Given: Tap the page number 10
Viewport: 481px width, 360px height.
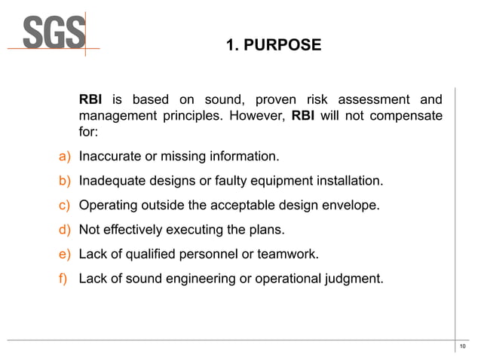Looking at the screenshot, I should (x=462, y=346).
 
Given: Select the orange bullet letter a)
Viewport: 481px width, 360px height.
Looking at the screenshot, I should (x=65, y=157).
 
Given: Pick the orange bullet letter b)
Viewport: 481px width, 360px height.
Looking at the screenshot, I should (x=65, y=181).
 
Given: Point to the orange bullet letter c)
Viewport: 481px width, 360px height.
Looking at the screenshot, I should (x=65, y=206).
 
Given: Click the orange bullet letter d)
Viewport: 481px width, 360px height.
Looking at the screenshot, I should (x=65, y=230).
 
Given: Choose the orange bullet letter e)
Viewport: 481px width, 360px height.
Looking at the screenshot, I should (x=65, y=255).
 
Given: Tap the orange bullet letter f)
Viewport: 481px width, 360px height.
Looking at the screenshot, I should (x=65, y=279).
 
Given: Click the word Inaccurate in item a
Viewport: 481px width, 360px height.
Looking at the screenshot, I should (x=110, y=157).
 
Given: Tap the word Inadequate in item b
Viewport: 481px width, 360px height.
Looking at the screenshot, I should (x=112, y=181).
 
